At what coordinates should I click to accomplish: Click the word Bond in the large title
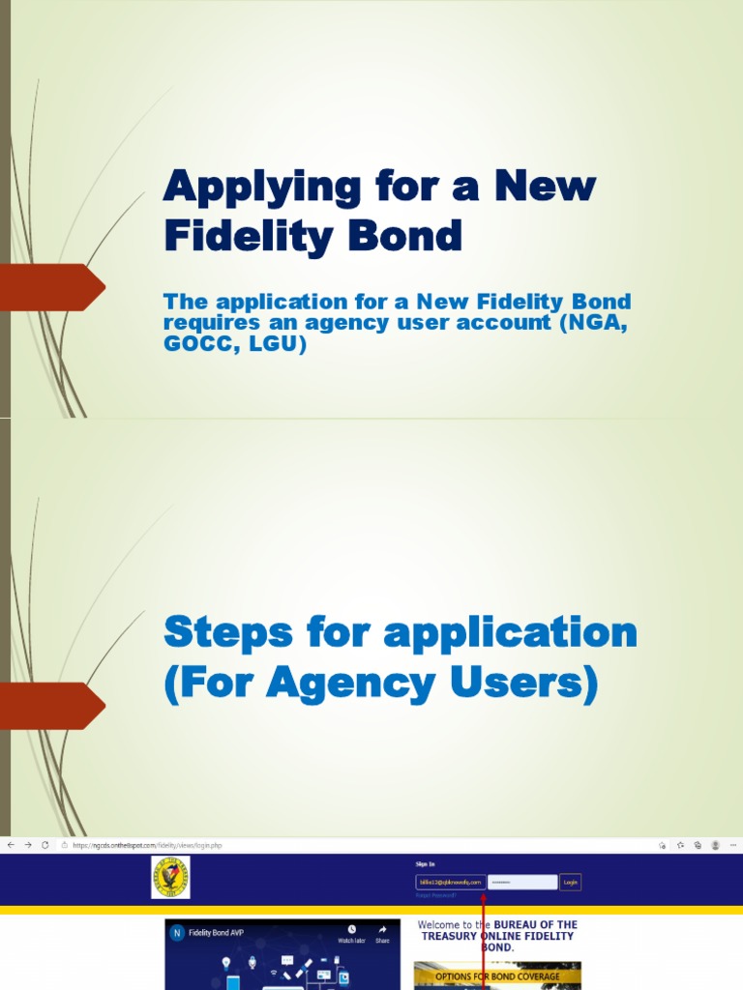pos(406,236)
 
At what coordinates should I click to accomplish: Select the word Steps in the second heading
pos(227,633)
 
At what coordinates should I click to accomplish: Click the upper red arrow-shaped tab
pos(53,287)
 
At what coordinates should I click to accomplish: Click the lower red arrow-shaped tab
pos(53,706)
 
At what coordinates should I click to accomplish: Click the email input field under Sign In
pos(449,882)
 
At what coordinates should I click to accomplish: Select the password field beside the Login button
pos(522,882)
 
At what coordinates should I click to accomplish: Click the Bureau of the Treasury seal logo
pos(170,877)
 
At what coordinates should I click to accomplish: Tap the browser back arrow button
pos(11,845)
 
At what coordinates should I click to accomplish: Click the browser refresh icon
pos(45,845)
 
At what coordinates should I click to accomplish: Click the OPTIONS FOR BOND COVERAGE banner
pos(497,976)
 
